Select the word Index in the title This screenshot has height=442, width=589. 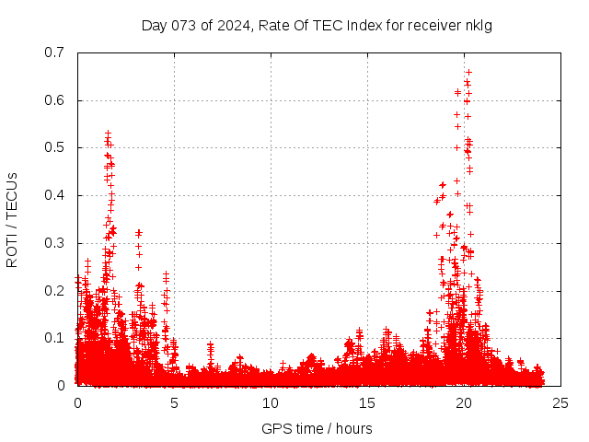pyautogui.click(x=364, y=25)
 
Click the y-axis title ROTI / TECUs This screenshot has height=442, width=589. pyautogui.click(x=12, y=219)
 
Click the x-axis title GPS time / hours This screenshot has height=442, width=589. pyautogui.click(x=317, y=428)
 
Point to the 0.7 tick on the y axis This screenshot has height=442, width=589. pyautogui.click(x=56, y=52)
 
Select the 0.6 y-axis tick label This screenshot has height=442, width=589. pyautogui.click(x=56, y=100)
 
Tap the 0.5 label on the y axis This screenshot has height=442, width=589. pyautogui.click(x=56, y=147)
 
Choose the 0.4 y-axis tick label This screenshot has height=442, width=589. pyautogui.click(x=56, y=195)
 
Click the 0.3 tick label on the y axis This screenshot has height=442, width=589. pyautogui.click(x=56, y=243)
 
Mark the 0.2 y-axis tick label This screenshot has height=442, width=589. pyautogui.click(x=56, y=290)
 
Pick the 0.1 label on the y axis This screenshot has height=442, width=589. pyautogui.click(x=56, y=338)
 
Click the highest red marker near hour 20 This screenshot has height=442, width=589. pyautogui.click(x=468, y=72)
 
